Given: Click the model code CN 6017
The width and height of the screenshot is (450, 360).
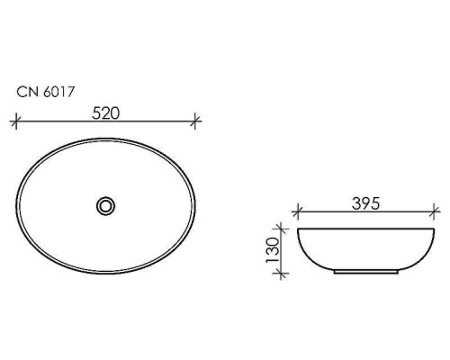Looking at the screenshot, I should [x=45, y=91].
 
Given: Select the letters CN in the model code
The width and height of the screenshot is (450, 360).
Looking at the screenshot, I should [x=27, y=91].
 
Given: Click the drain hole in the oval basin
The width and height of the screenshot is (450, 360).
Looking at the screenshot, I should [x=106, y=206].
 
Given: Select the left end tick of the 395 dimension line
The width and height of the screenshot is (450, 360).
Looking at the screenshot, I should [x=298, y=214].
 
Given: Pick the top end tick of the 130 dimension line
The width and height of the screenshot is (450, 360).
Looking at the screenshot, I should [x=284, y=229].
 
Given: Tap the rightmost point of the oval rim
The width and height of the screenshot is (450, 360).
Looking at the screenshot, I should [x=196, y=206].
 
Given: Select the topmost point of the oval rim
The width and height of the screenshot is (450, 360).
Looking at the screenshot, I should [x=106, y=138].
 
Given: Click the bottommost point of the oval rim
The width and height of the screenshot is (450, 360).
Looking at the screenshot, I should [x=106, y=274].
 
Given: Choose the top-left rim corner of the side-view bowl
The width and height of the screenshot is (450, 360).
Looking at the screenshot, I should [x=299, y=229].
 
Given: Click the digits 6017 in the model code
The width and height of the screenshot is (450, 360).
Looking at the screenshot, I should [x=55, y=91].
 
